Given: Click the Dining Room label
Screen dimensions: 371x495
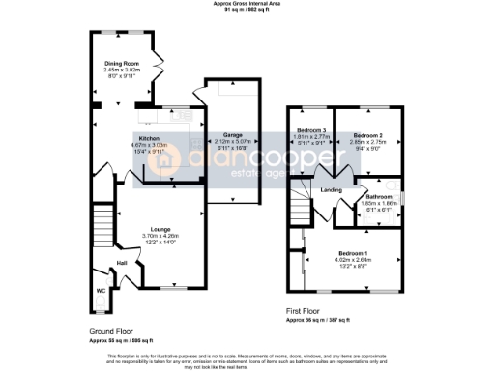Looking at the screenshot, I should tap(123, 65).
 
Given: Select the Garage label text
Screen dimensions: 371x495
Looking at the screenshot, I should tap(232, 134).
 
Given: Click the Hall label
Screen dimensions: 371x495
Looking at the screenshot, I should tap(122, 262).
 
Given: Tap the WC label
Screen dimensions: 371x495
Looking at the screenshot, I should tap(101, 288).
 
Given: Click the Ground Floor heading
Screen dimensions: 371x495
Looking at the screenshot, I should tap(108, 330).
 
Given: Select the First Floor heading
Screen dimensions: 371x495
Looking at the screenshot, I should tap(306, 311).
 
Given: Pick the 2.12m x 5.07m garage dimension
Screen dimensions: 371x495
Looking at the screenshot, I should tap(232, 141).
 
